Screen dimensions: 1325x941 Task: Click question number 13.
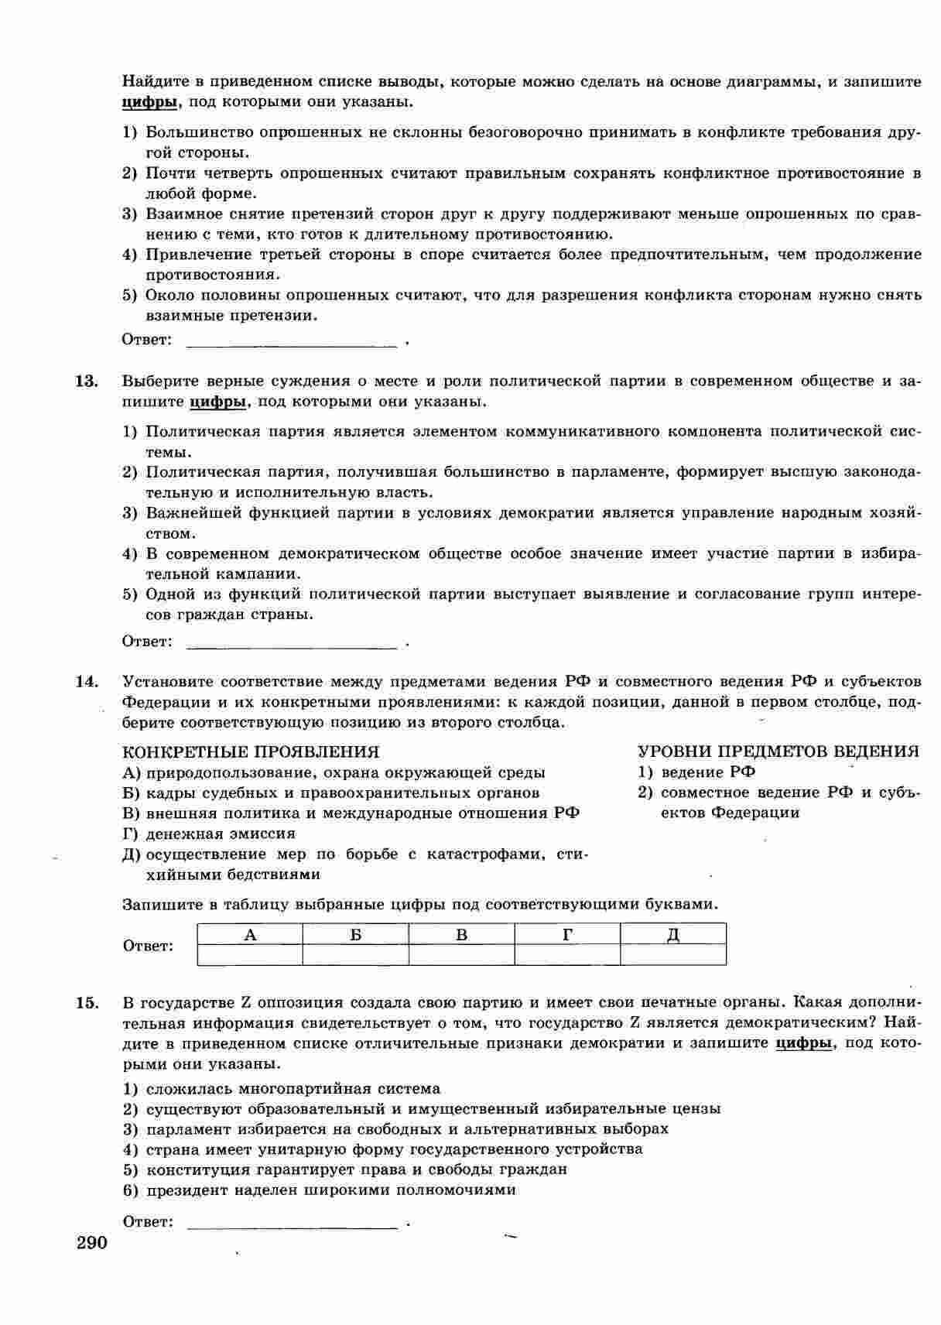[x=86, y=381]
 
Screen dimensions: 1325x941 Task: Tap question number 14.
[x=86, y=682]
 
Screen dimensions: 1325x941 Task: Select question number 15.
[x=87, y=1003]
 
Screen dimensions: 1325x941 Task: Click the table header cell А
[x=250, y=934]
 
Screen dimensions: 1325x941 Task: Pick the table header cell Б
[x=356, y=934]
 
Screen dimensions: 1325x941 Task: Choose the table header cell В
[x=462, y=934]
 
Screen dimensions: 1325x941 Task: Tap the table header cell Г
[x=567, y=934]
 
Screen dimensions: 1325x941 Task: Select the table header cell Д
[x=673, y=934]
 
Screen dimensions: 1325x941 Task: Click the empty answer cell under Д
[x=673, y=954]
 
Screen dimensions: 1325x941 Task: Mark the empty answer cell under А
[x=250, y=954]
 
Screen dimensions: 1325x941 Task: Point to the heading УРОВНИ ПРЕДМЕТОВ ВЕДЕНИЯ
[x=778, y=752]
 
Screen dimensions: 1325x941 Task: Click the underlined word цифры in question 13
[x=217, y=402]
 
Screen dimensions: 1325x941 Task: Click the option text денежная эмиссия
[x=221, y=834]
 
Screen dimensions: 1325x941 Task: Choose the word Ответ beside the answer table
[x=148, y=946]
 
